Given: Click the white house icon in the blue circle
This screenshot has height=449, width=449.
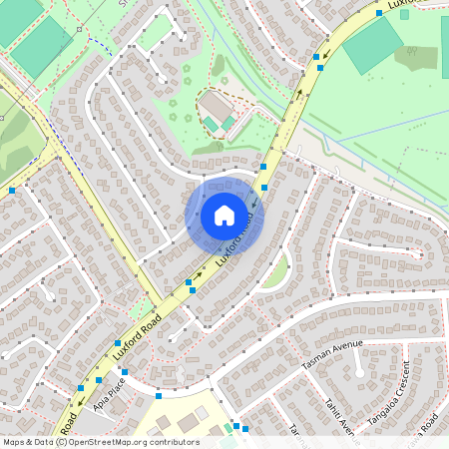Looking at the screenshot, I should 224,216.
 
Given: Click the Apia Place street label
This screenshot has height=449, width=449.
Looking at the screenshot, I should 110,389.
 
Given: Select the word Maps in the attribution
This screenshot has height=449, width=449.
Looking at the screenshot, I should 14,442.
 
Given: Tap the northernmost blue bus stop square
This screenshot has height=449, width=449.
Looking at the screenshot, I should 379,12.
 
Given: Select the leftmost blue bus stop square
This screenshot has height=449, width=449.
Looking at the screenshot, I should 12,190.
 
